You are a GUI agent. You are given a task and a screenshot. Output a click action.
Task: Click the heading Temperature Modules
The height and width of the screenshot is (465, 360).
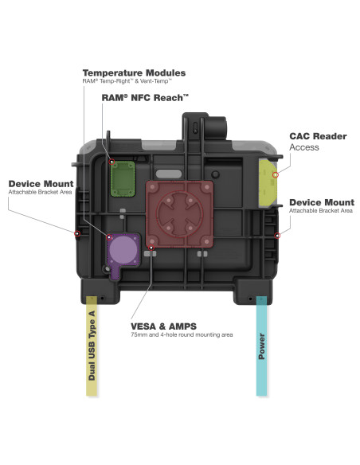[x=134, y=72]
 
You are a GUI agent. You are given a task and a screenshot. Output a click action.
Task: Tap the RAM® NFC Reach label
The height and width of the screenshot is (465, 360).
[x=145, y=97]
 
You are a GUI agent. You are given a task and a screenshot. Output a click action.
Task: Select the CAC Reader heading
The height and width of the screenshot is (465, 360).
[x=318, y=136]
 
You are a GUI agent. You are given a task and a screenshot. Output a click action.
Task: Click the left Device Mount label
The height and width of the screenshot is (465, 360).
[x=39, y=184]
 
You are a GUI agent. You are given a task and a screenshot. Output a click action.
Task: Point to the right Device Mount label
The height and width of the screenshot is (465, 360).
[x=321, y=202]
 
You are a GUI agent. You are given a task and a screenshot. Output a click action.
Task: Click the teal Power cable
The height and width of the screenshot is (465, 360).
[x=260, y=342]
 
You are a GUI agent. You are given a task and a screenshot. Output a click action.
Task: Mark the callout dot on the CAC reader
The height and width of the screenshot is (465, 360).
[x=275, y=174]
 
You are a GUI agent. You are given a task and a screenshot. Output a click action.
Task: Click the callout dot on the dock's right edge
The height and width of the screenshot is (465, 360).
[x=276, y=236]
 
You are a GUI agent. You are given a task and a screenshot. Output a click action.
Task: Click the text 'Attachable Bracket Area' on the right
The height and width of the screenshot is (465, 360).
[x=321, y=213]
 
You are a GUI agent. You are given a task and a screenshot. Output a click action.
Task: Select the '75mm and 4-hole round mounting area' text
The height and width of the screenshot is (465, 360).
[x=182, y=335]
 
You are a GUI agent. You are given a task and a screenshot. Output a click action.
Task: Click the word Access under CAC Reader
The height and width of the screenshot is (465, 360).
[x=303, y=147]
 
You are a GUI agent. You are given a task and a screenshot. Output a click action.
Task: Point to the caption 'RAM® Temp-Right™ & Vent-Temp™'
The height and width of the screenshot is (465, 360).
[x=127, y=82]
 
